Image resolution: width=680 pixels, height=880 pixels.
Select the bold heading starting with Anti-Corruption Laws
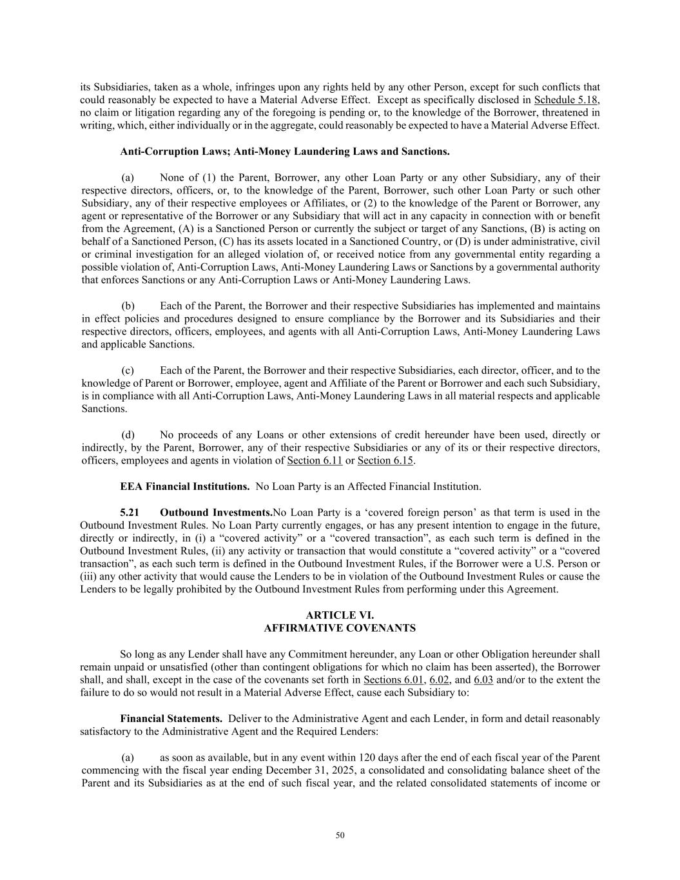point(284,152)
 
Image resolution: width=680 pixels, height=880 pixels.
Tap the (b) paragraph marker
point(128,306)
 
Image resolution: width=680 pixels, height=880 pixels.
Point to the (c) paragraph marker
point(128,370)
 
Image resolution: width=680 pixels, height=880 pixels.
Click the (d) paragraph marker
point(128,435)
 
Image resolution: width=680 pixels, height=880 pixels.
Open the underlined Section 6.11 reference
point(315,460)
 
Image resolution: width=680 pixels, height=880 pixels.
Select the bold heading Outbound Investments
point(216,513)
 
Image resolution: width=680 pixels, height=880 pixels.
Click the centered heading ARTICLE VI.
point(340,615)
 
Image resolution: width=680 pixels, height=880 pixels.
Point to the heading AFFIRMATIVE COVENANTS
point(340,628)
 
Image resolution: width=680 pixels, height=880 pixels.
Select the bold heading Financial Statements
point(171,718)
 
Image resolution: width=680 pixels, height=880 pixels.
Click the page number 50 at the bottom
point(340,836)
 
